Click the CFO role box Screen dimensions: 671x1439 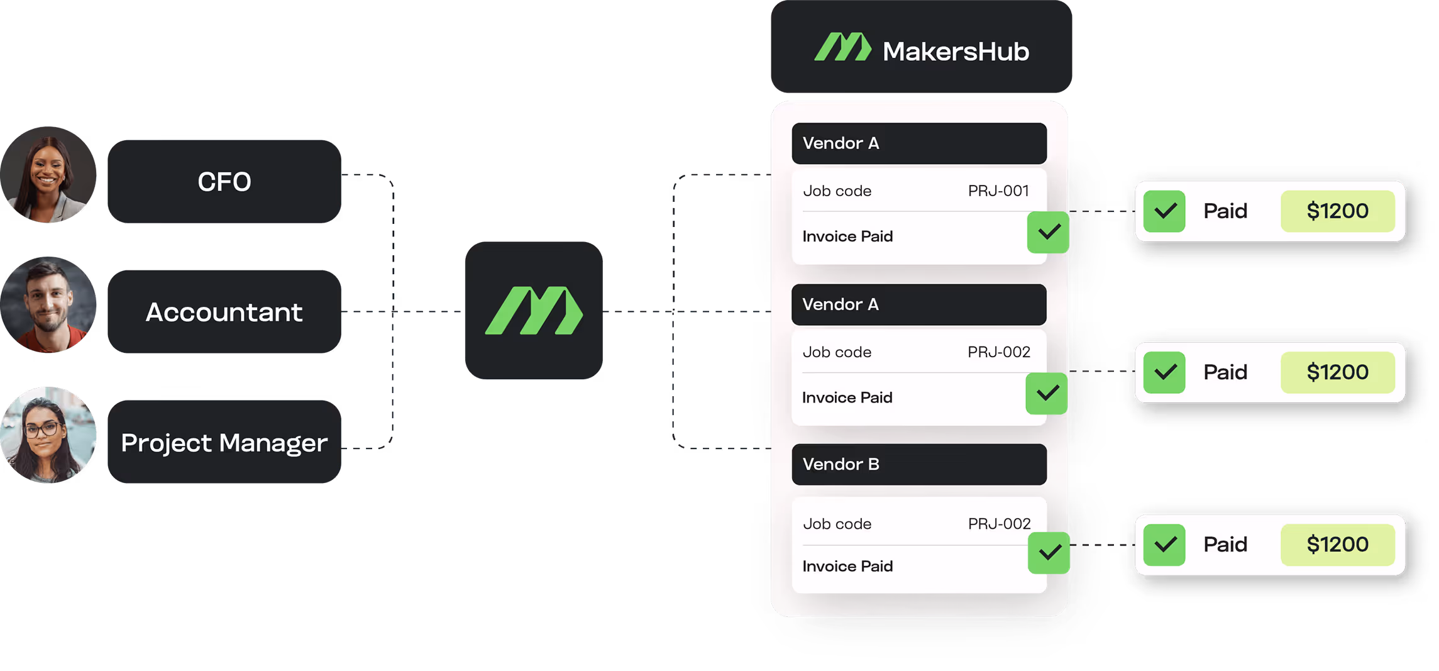[224, 182]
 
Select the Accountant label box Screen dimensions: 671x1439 [224, 312]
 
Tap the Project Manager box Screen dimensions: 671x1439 [224, 442]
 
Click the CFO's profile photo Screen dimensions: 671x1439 [48, 175]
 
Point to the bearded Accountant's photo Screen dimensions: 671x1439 [48, 304]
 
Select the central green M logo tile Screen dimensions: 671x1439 [534, 310]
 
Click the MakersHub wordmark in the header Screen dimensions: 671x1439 [956, 52]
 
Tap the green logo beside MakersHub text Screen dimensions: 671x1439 [842, 47]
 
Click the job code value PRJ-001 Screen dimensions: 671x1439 [998, 191]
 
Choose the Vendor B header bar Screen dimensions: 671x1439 [919, 464]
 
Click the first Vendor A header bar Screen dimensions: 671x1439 [919, 143]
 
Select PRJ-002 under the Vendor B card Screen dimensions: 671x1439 [999, 524]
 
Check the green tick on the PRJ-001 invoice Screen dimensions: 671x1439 [1048, 233]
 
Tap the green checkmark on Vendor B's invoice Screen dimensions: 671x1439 [1049, 553]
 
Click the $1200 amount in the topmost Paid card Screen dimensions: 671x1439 [1337, 211]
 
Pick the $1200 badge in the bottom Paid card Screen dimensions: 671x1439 [1337, 544]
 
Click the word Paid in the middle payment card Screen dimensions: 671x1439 [1225, 372]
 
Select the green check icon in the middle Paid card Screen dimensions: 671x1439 [1164, 372]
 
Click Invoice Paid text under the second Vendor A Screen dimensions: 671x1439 [847, 397]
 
